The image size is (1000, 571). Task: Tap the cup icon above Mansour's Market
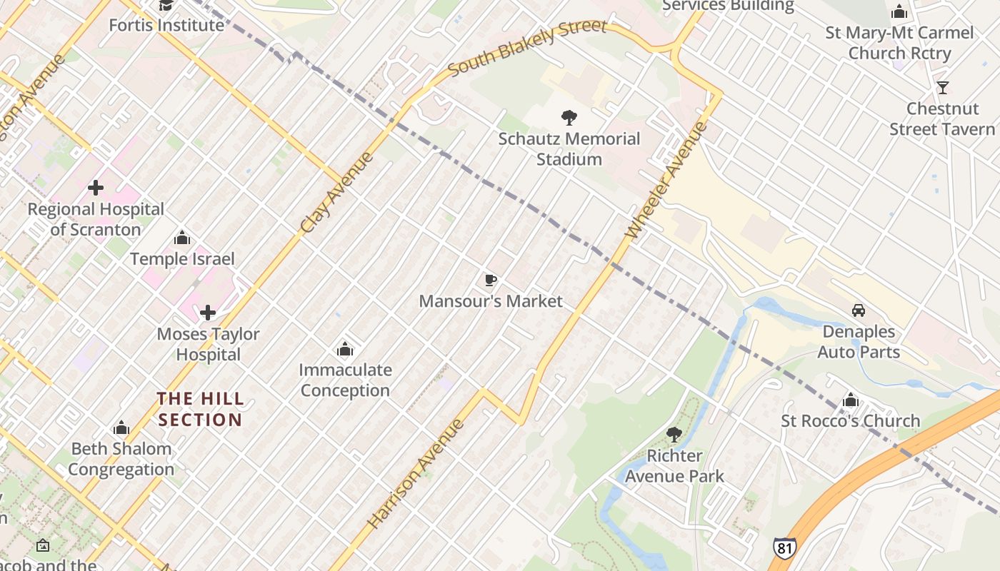coord(490,281)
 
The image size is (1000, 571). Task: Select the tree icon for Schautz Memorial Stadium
coord(569,118)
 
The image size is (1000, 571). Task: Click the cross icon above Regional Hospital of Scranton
coord(96,188)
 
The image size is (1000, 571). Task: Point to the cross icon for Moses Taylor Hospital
coord(208,313)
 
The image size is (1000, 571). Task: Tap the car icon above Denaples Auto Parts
coord(859,310)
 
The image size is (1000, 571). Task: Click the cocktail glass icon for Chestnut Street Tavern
coord(943,88)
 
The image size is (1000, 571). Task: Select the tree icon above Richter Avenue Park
coord(674,434)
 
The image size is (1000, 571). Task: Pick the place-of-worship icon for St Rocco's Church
coord(850,400)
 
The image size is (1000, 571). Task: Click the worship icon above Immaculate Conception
coord(345,349)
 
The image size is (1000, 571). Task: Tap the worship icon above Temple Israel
coord(182,238)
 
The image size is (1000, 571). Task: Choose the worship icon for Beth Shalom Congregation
coord(121,428)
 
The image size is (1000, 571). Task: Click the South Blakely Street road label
coord(527,48)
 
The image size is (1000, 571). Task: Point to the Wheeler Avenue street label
coord(666,181)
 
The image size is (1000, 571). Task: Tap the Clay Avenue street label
coord(337,193)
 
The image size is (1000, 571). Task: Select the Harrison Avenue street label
coord(416,474)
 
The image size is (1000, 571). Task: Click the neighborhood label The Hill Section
coord(200,409)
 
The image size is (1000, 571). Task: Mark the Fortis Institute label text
coord(166,25)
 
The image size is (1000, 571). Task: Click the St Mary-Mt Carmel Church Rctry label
coord(899,43)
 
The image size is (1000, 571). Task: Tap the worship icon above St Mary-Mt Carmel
coord(899,11)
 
